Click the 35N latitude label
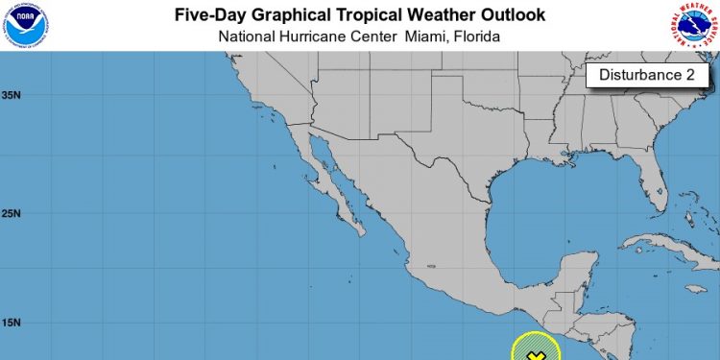12,95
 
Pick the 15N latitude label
12,324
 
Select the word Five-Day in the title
211,15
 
